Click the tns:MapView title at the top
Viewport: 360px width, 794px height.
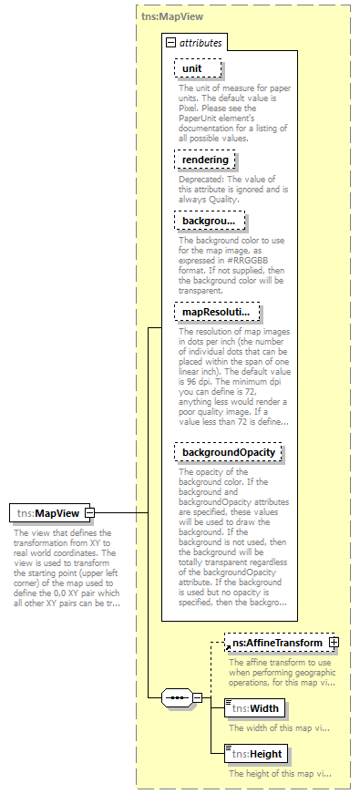(x=170, y=17)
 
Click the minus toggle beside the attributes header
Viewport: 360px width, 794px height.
(x=170, y=43)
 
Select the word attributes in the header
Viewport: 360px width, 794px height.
(x=200, y=43)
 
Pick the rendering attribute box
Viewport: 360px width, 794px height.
(x=205, y=160)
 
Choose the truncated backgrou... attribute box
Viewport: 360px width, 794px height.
(x=209, y=221)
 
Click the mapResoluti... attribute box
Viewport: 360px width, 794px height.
(x=217, y=312)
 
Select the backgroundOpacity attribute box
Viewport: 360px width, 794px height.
(x=227, y=452)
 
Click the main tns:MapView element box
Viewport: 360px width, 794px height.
(x=47, y=514)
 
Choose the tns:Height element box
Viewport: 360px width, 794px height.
(x=255, y=753)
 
